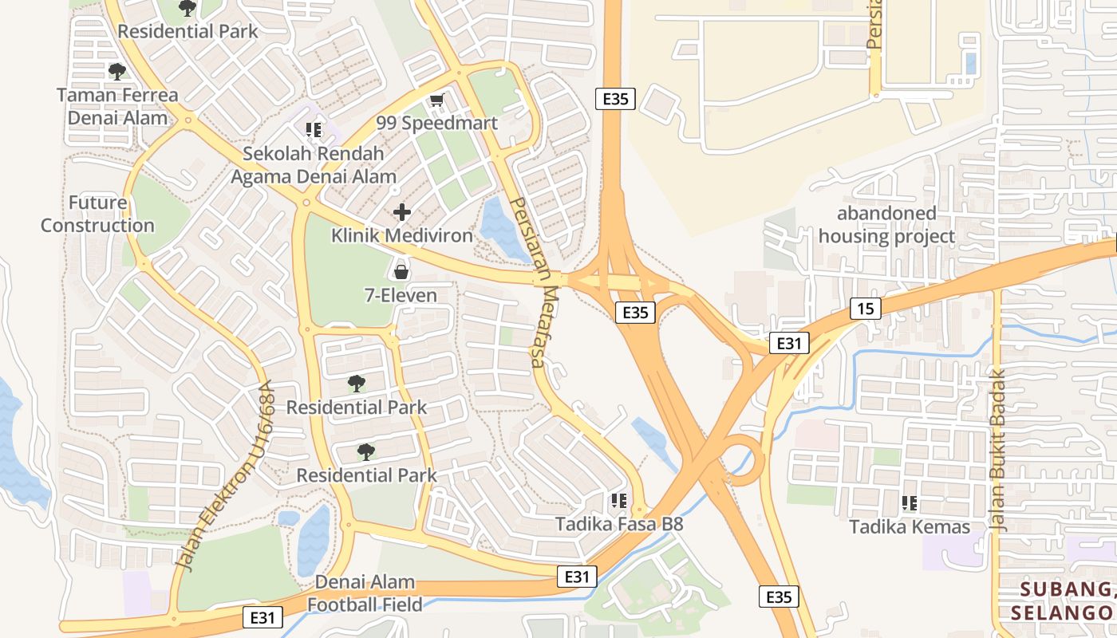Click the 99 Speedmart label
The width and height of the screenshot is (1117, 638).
tap(436, 123)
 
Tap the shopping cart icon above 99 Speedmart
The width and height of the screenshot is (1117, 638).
tap(436, 100)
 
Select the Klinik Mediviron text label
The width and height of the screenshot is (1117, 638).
tap(401, 236)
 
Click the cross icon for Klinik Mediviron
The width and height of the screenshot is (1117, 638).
tap(402, 212)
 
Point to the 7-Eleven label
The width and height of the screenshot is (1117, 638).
tap(401, 296)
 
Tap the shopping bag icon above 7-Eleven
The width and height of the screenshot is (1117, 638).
tap(401, 272)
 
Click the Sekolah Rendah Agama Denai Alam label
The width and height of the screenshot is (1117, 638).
tap(314, 165)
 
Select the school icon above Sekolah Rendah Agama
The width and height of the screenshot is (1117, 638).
tap(314, 129)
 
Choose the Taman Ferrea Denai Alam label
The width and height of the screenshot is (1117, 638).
tap(117, 107)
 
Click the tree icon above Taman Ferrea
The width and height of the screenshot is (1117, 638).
tap(117, 72)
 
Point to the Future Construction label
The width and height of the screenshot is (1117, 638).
tap(97, 214)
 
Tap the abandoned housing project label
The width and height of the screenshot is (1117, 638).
tap(886, 225)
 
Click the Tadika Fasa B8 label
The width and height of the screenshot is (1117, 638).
tap(619, 525)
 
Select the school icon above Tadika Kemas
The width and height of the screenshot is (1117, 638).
tap(909, 503)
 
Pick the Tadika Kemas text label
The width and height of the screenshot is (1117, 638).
tap(909, 527)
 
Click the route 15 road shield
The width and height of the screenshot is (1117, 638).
tap(865, 309)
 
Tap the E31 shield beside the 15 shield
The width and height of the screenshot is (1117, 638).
tap(789, 344)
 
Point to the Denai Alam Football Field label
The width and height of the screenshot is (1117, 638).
tap(365, 593)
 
